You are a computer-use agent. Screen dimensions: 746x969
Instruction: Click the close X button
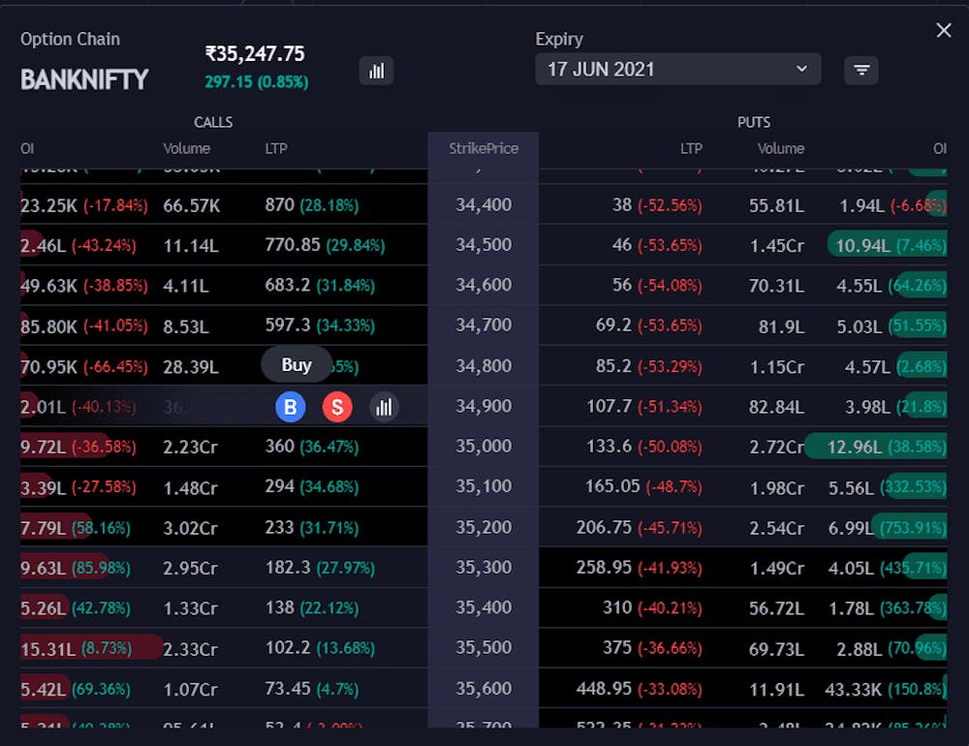pyautogui.click(x=944, y=31)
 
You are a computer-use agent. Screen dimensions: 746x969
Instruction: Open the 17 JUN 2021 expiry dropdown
pyautogui.click(x=677, y=69)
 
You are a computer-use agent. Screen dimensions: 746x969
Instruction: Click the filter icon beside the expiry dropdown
pyautogui.click(x=860, y=70)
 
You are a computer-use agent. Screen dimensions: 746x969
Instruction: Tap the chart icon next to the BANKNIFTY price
pyautogui.click(x=376, y=70)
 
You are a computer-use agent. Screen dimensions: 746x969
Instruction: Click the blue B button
pyautogui.click(x=290, y=407)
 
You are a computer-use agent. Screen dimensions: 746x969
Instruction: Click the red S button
pyautogui.click(x=336, y=407)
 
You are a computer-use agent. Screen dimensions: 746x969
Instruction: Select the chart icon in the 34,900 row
pyautogui.click(x=384, y=407)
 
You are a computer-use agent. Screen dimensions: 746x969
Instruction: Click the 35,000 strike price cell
pyautogui.click(x=484, y=447)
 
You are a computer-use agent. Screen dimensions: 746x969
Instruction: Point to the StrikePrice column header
pyautogui.click(x=484, y=148)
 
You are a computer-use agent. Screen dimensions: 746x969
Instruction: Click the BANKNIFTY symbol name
pyautogui.click(x=84, y=79)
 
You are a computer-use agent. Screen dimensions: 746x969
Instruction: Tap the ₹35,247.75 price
pyautogui.click(x=255, y=54)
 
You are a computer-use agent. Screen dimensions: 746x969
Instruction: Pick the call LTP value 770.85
pyautogui.click(x=293, y=245)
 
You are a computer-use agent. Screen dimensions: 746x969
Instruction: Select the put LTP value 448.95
pyautogui.click(x=604, y=689)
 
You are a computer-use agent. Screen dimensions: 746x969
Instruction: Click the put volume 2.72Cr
pyautogui.click(x=777, y=447)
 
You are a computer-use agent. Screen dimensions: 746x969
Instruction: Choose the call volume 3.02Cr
pyautogui.click(x=190, y=528)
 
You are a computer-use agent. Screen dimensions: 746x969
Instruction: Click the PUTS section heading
pyautogui.click(x=753, y=122)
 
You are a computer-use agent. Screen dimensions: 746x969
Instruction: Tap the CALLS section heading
pyautogui.click(x=213, y=122)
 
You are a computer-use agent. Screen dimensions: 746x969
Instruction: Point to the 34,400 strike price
pyautogui.click(x=484, y=205)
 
